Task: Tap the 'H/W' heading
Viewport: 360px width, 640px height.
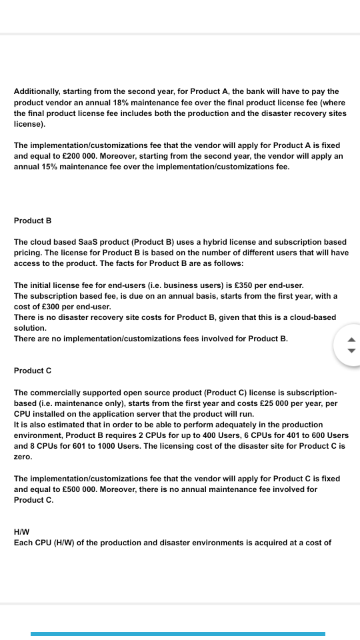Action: [x=21, y=532]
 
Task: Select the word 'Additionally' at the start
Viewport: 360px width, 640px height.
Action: [x=39, y=91]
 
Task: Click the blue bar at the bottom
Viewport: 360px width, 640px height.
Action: [x=178, y=633]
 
